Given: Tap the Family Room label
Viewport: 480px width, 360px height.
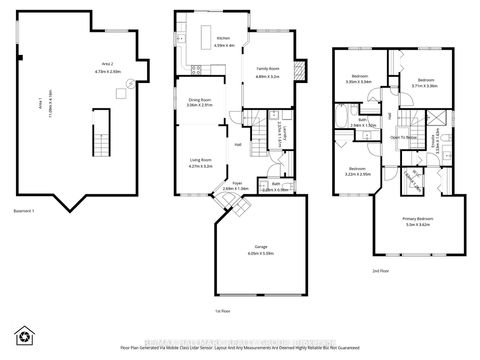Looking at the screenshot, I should pos(269,71).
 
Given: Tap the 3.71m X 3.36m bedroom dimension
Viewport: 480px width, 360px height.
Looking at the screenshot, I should pos(424,86).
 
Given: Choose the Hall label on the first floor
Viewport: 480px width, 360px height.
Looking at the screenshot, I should pos(238,146).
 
